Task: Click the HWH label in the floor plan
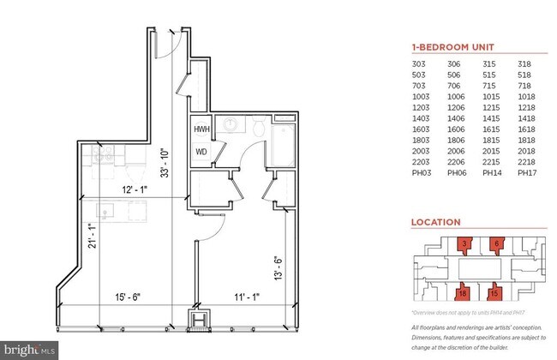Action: [201, 129]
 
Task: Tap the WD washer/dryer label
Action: [201, 152]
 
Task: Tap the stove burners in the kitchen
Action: [104, 157]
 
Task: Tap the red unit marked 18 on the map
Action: [463, 291]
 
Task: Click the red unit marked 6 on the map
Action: [496, 244]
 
